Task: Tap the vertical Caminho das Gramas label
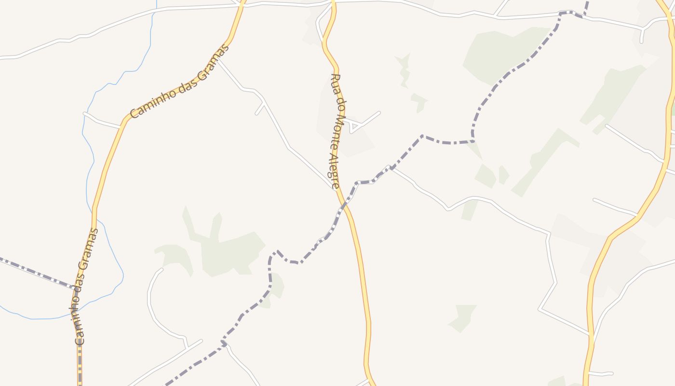click(x=87, y=286)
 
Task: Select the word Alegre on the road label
click(x=334, y=171)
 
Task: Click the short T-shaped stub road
click(x=261, y=108)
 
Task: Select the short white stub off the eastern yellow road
click(x=600, y=373)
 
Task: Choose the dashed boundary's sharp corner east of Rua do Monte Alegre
click(x=422, y=136)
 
